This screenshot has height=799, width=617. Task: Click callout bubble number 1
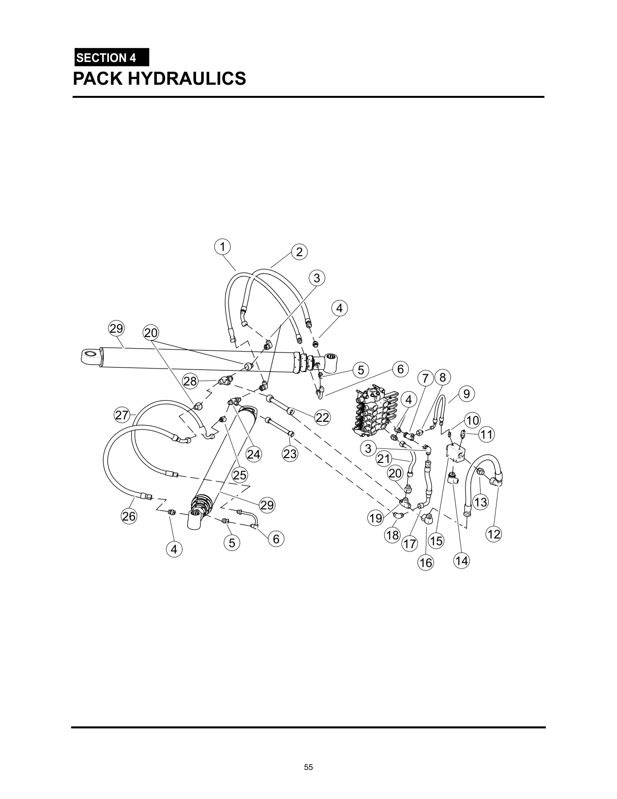point(222,247)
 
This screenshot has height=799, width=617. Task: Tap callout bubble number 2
point(299,252)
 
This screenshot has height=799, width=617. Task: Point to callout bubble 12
point(494,535)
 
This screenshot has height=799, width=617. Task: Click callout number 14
point(462,561)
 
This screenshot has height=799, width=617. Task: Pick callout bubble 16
point(426,563)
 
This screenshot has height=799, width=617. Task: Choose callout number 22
point(322,417)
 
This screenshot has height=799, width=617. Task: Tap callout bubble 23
point(290,454)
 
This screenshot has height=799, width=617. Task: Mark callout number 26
point(129,516)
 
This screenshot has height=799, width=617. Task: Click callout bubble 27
point(122,415)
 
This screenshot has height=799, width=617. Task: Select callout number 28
point(190,381)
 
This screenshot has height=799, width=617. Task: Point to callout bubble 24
point(254,454)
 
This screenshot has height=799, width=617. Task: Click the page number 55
point(309,767)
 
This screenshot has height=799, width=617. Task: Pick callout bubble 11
point(486,434)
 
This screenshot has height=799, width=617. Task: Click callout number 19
point(376,518)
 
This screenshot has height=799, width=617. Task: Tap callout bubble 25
point(240,475)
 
